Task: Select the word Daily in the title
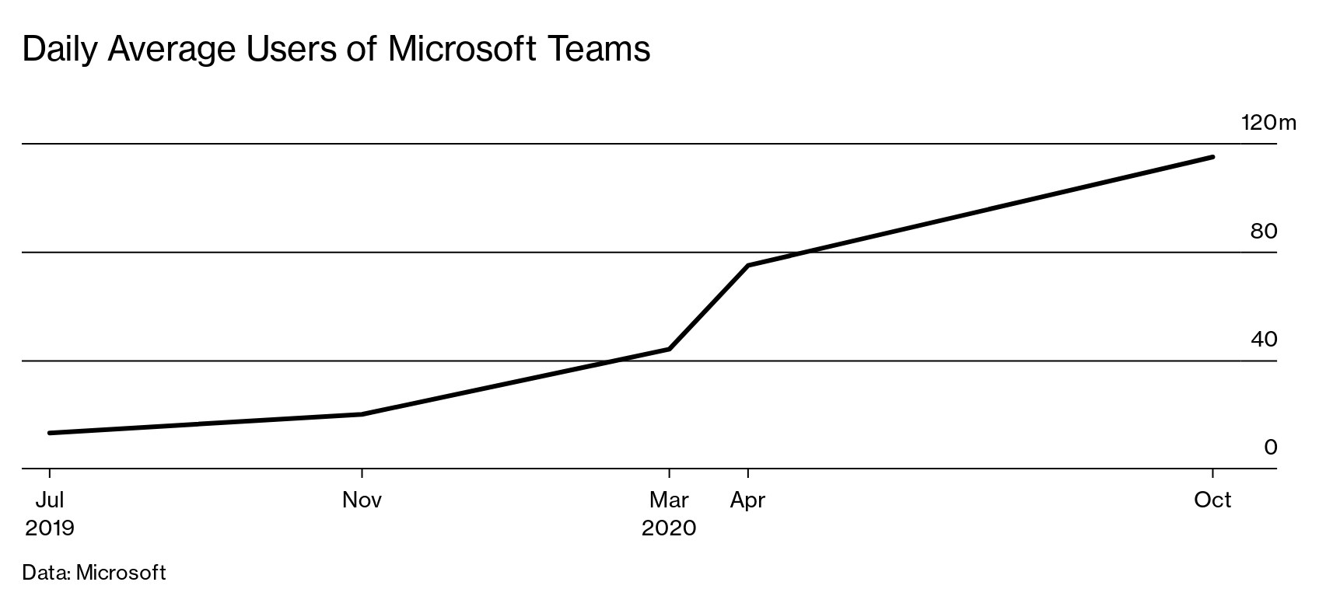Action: (61, 49)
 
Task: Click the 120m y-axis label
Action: (1268, 123)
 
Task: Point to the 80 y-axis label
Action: (1263, 231)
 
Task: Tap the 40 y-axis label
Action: (1263, 340)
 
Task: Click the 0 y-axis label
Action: (1270, 448)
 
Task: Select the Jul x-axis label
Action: (49, 500)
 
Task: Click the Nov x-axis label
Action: (362, 500)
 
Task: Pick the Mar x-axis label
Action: (669, 500)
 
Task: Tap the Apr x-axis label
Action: (747, 500)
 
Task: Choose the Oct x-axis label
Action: (1212, 500)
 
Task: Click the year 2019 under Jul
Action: (50, 528)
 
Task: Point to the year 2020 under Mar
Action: (669, 528)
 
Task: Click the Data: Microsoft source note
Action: (94, 573)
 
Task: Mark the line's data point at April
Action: (748, 266)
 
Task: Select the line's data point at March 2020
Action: (669, 349)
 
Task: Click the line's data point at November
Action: (362, 414)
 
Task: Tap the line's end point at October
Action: (1212, 157)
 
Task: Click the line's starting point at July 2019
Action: (50, 433)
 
